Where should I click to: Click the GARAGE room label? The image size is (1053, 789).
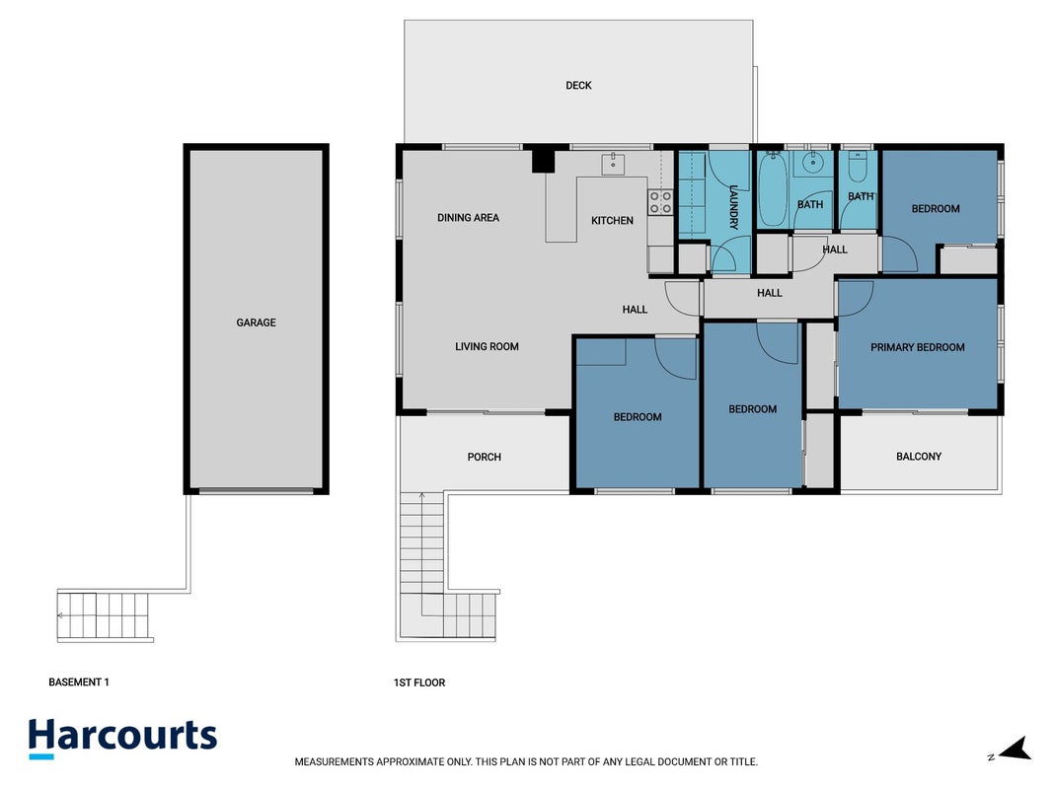pos(256,323)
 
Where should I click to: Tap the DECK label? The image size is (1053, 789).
pos(578,85)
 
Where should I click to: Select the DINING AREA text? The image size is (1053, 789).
pos(468,217)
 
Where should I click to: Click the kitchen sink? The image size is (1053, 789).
pos(613,164)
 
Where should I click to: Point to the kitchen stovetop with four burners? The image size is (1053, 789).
pos(660,202)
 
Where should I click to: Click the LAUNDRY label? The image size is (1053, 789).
pos(733,207)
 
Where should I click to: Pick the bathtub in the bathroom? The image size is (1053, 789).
pos(773,189)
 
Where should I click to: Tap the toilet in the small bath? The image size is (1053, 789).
pos(858,167)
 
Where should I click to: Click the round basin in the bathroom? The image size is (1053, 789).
pos(812,162)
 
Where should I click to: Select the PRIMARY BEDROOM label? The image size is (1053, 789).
pos(918,347)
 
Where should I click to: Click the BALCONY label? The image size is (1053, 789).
pos(919,457)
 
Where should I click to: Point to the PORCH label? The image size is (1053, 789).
pos(485,457)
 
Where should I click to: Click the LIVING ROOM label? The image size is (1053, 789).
pos(487,347)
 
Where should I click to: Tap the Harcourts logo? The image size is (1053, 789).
pos(123,738)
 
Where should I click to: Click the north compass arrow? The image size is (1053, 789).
pos(1015,749)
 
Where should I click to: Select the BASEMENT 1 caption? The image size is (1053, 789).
pos(79,682)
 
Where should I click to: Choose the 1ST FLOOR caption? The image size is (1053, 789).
pos(419,683)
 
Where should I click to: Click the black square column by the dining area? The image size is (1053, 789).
pos(544,161)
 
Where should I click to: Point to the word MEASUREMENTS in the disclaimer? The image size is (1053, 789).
pos(334,762)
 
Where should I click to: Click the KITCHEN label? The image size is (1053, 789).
pos(612,220)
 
